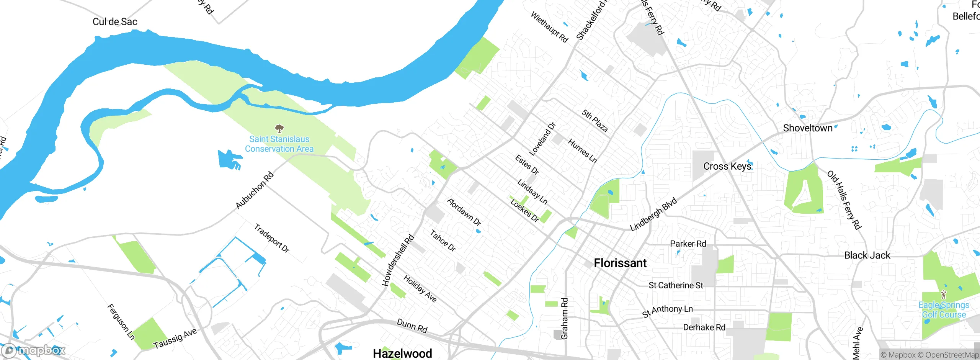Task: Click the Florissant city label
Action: (620, 263)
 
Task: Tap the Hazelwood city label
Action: (402, 353)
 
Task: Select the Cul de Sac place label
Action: (115, 22)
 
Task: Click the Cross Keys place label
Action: (727, 166)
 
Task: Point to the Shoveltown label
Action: (807, 128)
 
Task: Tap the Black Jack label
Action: (867, 255)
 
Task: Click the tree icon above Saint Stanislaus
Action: (279, 128)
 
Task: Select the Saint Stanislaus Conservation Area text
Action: (279, 144)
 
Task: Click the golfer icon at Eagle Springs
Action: (944, 295)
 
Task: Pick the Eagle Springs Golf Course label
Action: (944, 310)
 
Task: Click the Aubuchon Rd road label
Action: (255, 190)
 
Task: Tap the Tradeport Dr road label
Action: (272, 238)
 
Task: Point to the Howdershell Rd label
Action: (398, 260)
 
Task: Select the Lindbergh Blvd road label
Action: (653, 214)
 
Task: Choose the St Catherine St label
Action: (676, 285)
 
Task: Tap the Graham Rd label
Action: (564, 319)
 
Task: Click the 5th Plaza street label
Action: (595, 121)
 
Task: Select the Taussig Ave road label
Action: (175, 338)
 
